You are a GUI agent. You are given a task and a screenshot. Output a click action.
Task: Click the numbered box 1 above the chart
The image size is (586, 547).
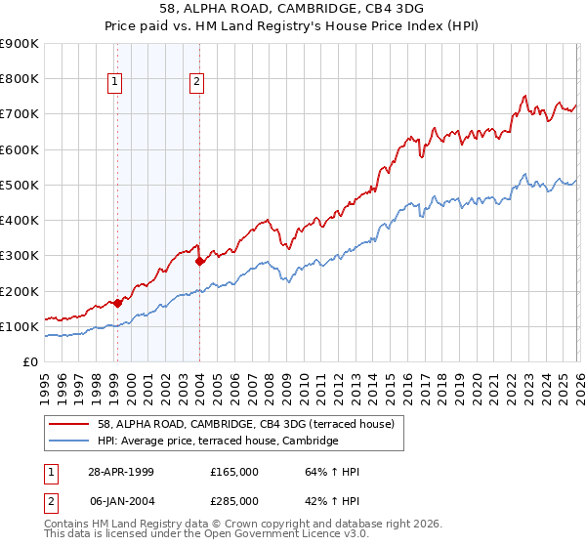click(116, 83)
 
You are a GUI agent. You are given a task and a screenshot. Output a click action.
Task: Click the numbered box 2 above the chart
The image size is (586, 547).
click(197, 83)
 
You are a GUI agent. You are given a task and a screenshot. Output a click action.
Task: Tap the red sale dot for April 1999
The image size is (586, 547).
click(117, 303)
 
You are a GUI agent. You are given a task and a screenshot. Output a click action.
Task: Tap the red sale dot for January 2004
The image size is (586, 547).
click(199, 261)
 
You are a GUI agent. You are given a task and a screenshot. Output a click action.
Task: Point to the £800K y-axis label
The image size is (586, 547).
click(19, 79)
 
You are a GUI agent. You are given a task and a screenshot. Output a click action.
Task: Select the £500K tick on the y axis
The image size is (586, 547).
click(19, 185)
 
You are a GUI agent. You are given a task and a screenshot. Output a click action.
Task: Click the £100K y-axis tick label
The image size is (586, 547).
click(19, 326)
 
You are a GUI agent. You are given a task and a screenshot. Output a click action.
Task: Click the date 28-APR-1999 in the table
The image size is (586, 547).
click(121, 472)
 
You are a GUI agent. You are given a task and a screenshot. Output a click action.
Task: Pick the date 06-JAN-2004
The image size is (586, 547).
click(121, 501)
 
